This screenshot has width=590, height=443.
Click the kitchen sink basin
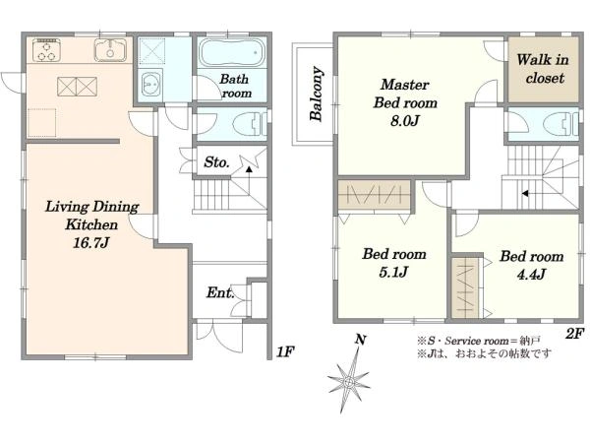click(x=110, y=50)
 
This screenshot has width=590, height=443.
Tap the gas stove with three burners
click(x=46, y=50)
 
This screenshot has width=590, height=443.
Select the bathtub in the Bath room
click(x=232, y=52)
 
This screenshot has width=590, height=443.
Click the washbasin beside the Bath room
click(x=150, y=85)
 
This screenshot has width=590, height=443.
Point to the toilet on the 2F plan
click(x=560, y=124)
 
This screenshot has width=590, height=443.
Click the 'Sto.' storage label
click(x=216, y=162)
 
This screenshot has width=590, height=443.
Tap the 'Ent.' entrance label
click(x=220, y=292)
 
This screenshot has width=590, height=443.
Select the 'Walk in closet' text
click(x=544, y=69)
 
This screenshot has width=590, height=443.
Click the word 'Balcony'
click(x=317, y=94)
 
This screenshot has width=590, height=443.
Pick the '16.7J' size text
click(x=90, y=243)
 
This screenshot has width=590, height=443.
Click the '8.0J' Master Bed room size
click(x=405, y=121)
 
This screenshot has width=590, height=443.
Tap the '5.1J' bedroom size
click(x=393, y=272)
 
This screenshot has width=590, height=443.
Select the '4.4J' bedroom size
click(x=531, y=275)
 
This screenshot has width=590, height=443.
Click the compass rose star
click(x=349, y=381)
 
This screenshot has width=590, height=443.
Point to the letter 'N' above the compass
click(x=361, y=340)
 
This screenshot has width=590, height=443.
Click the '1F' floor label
click(x=285, y=352)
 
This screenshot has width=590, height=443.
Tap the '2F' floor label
click(x=574, y=334)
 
